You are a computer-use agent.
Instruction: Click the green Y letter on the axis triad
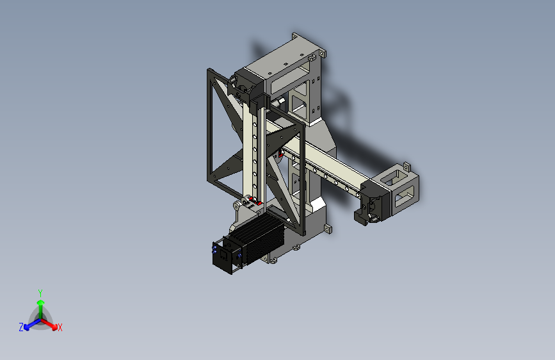(40, 291)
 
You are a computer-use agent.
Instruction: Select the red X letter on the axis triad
(60, 327)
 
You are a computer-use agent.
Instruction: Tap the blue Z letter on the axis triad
(20, 327)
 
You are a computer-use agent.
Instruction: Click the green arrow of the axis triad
(40, 304)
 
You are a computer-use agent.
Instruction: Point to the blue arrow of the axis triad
(29, 324)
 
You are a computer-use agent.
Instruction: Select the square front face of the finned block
(223, 258)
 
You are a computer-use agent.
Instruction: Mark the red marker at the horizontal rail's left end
(282, 153)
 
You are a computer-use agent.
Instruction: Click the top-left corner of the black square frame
(209, 70)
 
